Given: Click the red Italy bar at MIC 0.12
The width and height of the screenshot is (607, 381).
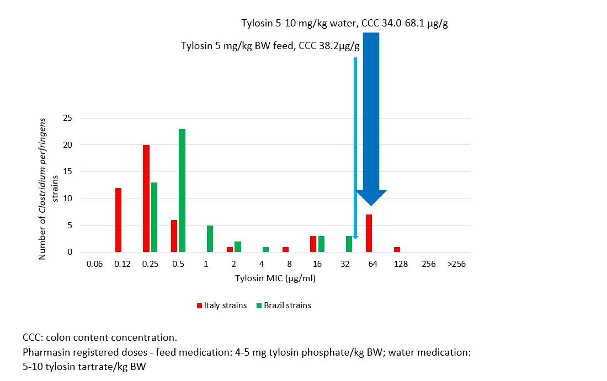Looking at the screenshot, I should tap(119, 220).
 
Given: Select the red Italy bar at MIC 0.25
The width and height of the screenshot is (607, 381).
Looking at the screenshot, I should tap(146, 198).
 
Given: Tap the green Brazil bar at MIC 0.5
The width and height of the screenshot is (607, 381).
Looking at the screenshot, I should tap(182, 190).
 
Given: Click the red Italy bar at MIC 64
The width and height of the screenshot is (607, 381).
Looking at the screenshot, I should tap(369, 233).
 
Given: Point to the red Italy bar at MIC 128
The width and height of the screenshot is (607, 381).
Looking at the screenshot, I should tap(397, 249).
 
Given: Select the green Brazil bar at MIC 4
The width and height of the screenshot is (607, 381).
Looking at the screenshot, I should tap(265, 249).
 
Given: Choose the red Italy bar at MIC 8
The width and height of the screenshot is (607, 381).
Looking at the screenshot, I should tap(285, 249).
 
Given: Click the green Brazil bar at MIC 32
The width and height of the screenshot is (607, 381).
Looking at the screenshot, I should tap(349, 244).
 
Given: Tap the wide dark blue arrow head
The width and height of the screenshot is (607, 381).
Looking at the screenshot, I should tap(371, 197).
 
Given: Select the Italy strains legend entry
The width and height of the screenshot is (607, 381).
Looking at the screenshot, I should tap(222, 305).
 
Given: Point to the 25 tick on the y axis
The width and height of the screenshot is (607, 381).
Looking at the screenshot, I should tap(68, 118).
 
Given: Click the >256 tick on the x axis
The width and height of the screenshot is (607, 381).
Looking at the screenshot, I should tap(456, 264).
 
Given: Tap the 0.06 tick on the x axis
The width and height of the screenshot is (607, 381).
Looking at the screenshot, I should tap(94, 264).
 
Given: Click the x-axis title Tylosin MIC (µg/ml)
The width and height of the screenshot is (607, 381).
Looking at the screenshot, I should tap(275, 278).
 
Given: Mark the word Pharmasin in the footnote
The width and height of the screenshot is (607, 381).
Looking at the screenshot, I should tap(44, 351).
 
